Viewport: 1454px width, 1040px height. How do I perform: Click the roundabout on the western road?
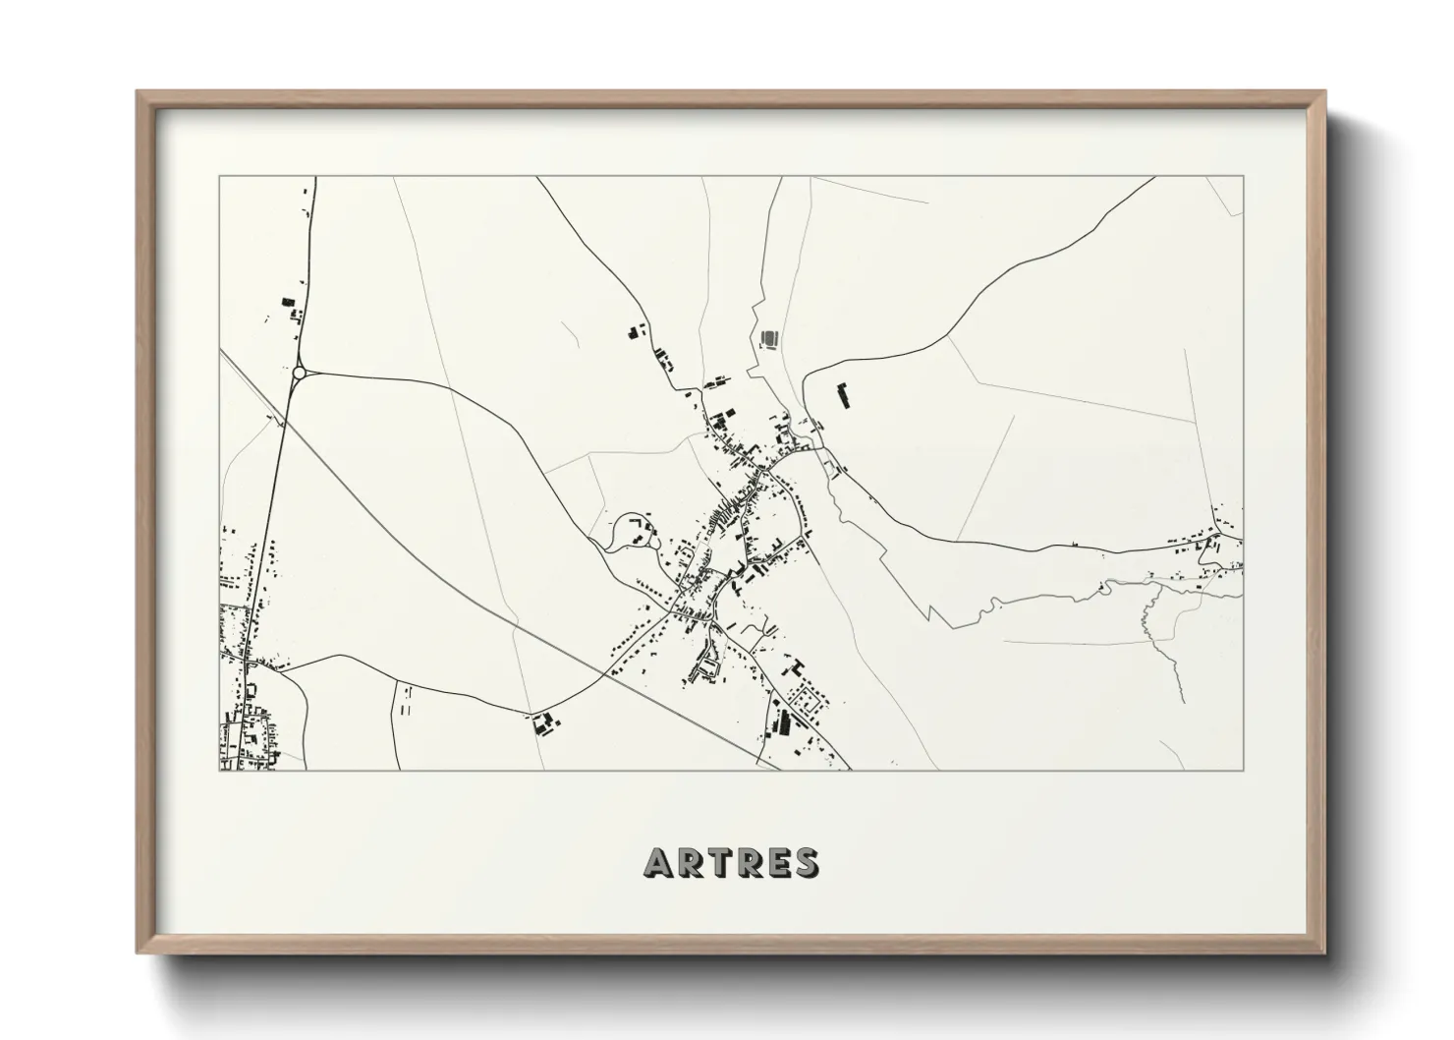click(x=299, y=373)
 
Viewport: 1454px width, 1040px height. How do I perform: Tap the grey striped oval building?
click(x=769, y=339)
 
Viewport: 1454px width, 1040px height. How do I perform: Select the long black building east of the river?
click(x=842, y=396)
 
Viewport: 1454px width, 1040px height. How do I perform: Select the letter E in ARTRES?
click(x=774, y=863)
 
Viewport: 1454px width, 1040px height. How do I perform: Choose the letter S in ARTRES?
click(x=805, y=863)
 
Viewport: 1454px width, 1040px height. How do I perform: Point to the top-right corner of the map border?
click(x=1244, y=177)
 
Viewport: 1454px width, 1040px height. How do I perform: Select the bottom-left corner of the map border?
click(x=219, y=770)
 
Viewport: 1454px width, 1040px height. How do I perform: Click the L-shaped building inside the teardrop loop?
click(x=641, y=518)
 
